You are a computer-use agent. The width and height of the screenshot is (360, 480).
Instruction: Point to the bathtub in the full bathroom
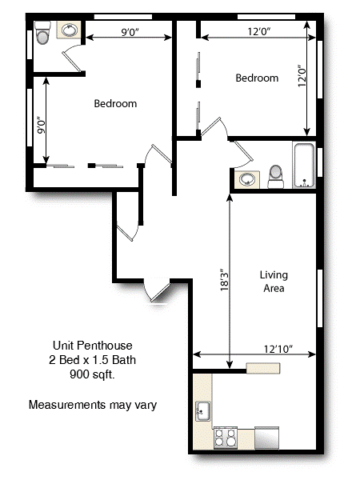(305, 165)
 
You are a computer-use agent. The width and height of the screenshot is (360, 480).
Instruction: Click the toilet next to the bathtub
(276, 175)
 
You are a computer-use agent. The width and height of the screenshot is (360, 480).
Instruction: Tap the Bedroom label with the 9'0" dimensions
(115, 103)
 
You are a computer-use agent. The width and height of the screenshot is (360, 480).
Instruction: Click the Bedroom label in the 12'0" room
(257, 78)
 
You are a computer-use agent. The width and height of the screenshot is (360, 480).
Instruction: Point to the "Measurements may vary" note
(92, 405)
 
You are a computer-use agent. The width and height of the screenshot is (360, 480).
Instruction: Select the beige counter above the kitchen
(262, 367)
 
